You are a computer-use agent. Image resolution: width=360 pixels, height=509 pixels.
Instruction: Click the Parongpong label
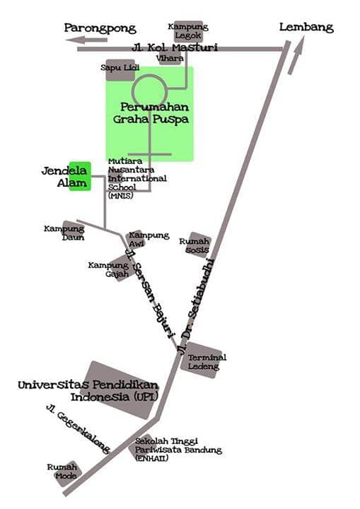click(x=100, y=28)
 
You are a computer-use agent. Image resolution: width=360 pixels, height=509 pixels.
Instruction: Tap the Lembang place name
click(x=306, y=28)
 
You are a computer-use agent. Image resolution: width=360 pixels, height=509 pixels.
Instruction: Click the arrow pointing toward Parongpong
click(x=86, y=40)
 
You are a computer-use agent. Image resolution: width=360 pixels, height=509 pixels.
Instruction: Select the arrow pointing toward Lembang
click(x=296, y=55)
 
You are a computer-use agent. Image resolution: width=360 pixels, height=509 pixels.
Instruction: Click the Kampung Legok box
click(x=188, y=31)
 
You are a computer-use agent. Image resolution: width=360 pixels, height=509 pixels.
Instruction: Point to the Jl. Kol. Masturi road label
click(x=175, y=48)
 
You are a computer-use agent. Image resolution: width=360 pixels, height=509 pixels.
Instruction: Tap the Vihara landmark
click(x=170, y=59)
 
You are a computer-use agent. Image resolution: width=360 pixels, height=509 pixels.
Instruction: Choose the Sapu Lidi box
click(x=120, y=69)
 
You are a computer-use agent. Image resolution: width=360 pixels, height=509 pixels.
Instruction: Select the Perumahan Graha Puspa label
click(x=151, y=113)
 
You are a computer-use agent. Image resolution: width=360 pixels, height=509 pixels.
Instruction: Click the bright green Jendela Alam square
click(x=80, y=176)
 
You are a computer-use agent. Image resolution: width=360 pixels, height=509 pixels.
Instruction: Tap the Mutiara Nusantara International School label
click(x=137, y=178)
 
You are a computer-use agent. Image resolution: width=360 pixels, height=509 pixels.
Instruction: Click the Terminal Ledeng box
click(x=204, y=360)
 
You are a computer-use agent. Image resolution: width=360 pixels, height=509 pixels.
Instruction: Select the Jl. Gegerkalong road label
click(x=78, y=428)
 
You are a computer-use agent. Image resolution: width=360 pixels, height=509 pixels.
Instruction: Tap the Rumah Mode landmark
click(x=66, y=473)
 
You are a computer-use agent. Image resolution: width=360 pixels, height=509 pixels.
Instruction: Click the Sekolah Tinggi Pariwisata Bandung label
click(x=178, y=450)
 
